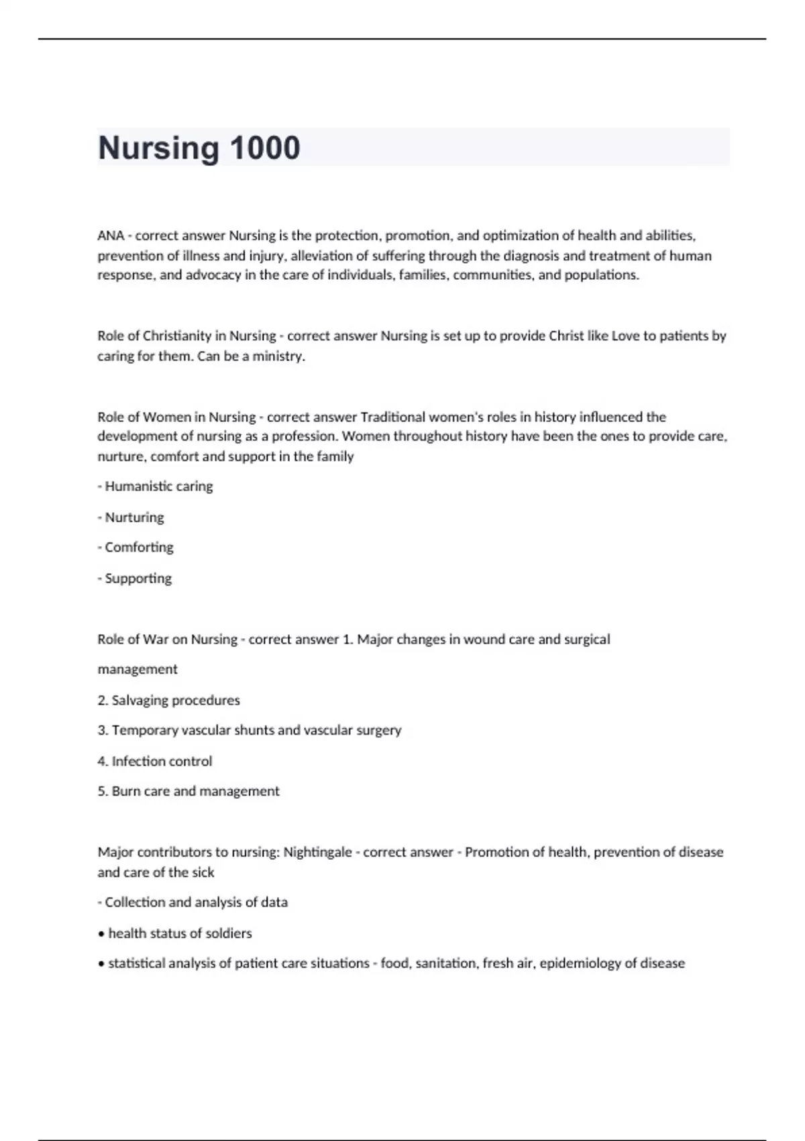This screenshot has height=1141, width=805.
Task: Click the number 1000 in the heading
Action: coord(265,148)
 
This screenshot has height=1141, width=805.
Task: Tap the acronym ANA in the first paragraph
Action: coord(111,236)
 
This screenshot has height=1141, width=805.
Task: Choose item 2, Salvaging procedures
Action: coord(168,700)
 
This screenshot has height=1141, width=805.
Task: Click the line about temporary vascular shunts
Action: coord(250,730)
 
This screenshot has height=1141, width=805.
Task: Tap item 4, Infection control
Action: coord(155,761)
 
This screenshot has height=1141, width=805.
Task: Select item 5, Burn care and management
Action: coord(189,791)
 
